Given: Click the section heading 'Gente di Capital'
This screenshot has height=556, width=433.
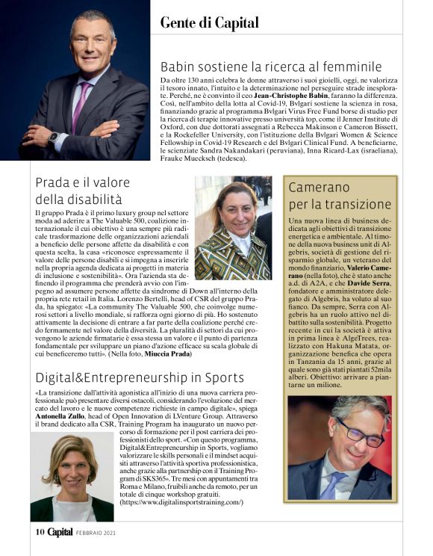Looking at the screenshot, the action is click(210, 22).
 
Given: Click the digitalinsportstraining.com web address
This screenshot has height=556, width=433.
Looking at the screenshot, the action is click(182, 502).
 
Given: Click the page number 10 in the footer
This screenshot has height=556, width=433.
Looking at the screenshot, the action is click(40, 532).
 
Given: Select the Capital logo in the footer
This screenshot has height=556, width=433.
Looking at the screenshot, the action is click(60, 532).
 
